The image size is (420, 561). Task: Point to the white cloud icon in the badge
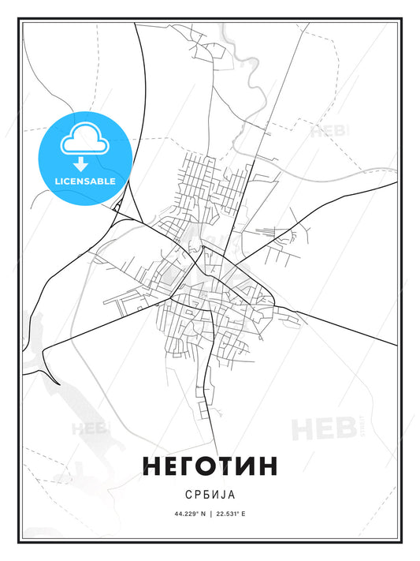tap(81, 140)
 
